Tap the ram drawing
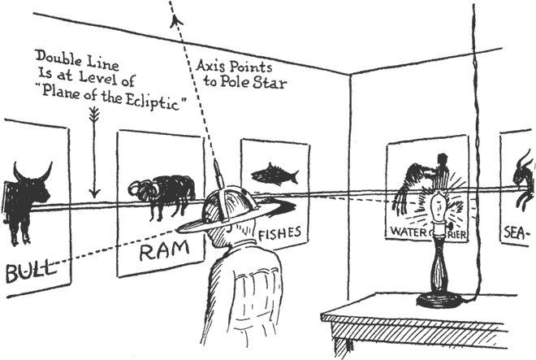tap(162, 193)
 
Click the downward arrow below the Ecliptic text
tap(95, 154)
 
